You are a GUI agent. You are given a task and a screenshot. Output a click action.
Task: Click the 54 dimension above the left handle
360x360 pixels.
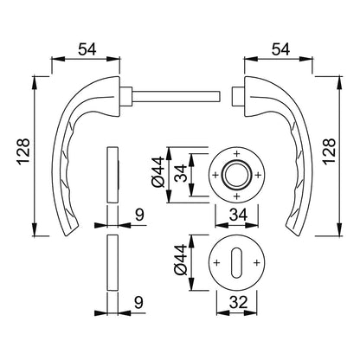tap(87, 50)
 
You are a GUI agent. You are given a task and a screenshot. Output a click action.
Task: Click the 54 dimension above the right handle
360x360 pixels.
tap(280, 50)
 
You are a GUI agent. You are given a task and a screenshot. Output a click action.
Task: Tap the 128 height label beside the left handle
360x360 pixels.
tap(24, 152)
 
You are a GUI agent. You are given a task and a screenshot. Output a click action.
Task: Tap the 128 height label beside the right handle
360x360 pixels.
tap(329, 152)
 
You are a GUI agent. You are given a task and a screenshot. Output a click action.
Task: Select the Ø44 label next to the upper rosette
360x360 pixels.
tap(158, 172)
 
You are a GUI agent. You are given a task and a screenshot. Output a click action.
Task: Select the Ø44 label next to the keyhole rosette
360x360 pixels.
tap(181, 260)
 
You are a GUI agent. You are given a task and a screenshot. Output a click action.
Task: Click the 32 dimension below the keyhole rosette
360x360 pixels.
tap(238, 303)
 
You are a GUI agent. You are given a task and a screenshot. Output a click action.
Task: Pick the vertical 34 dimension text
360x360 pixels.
tap(181, 173)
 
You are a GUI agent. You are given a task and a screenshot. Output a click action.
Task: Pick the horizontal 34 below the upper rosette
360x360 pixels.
tap(238, 215)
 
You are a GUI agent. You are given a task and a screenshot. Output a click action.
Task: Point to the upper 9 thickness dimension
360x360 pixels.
tap(139, 215)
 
